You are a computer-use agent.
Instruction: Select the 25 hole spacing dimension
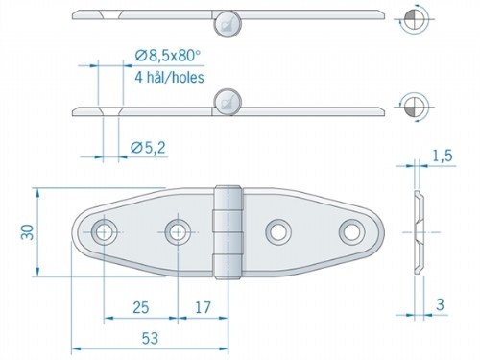point(140,308)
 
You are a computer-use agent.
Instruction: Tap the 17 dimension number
point(201,308)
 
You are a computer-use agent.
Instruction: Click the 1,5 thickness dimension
point(443,155)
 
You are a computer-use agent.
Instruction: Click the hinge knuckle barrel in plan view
point(226,232)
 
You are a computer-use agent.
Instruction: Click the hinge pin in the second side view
point(227,100)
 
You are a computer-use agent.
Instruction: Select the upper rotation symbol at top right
point(413,18)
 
